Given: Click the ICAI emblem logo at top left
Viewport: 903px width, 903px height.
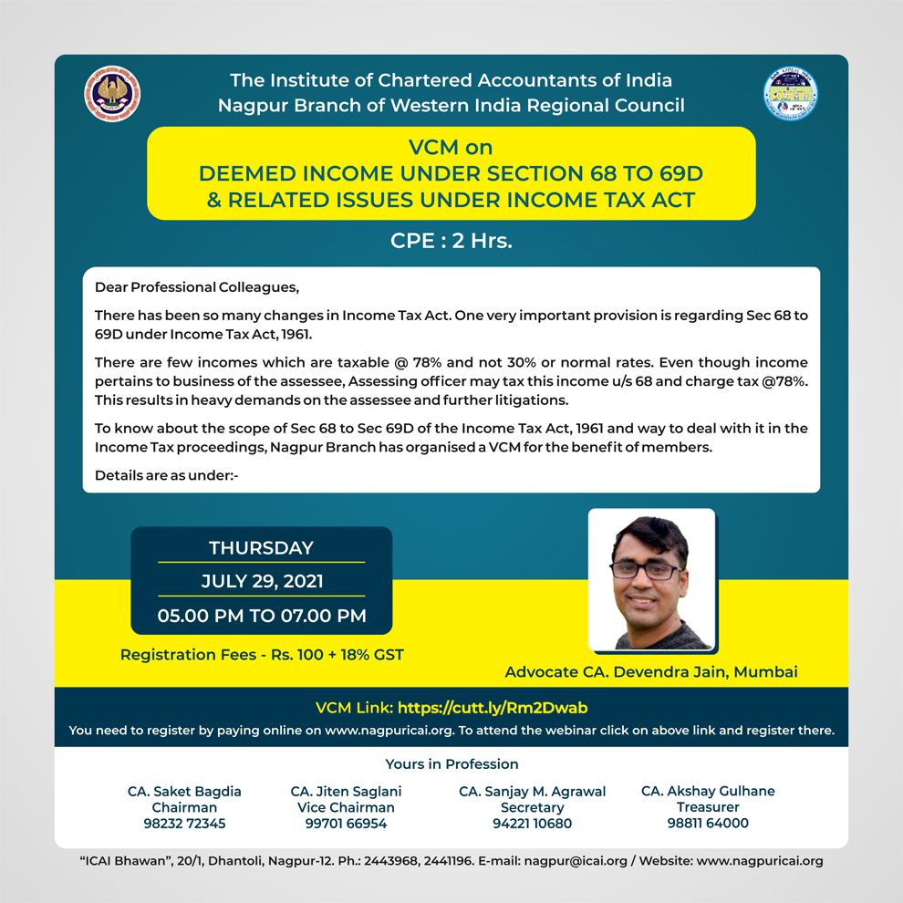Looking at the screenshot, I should (112, 93).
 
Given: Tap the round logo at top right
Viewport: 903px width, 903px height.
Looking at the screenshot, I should (790, 94).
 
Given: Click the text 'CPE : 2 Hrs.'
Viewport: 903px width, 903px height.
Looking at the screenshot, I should (451, 242).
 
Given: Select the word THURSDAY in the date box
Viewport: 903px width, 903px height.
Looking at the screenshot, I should (261, 548).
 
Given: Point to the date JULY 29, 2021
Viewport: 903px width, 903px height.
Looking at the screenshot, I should (261, 581).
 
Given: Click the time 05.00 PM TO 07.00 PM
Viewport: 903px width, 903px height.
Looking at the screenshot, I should (262, 616).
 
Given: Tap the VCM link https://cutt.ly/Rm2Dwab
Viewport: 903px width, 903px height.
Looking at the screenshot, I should (499, 707).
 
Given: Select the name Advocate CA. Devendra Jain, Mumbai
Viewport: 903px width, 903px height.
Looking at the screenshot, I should (651, 672).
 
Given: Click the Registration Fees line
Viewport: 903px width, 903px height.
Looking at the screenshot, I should (262, 654).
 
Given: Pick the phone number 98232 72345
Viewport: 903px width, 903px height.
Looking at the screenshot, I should (184, 824).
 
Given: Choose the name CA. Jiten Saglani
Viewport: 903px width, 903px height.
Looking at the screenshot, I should (346, 791).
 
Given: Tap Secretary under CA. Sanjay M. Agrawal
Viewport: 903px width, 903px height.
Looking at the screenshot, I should (532, 807).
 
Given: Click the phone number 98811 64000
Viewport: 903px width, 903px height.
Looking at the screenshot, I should (708, 824).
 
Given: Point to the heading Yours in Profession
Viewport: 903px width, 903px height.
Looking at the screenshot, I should (451, 763).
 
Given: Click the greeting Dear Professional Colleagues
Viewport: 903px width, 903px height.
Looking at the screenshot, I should (197, 287).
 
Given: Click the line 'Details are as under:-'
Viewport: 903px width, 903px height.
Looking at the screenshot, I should (167, 475).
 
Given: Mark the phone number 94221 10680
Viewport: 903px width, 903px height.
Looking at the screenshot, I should (532, 824).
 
